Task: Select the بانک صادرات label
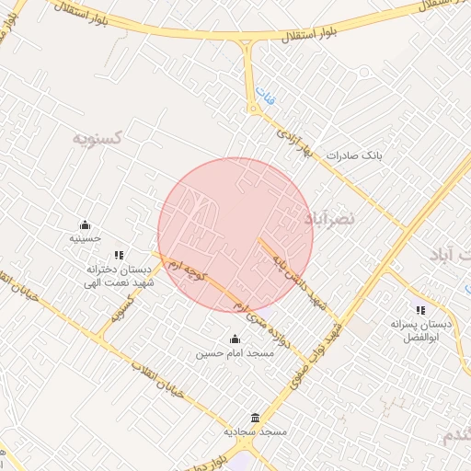pyautogui.click(x=353, y=155)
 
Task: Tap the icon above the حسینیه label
pyautogui.click(x=85, y=224)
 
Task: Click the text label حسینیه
pyautogui.click(x=85, y=239)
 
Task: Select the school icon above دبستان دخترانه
pyautogui.click(x=118, y=255)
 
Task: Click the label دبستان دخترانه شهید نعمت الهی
pyautogui.click(x=118, y=276)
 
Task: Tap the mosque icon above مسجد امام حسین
pyautogui.click(x=234, y=338)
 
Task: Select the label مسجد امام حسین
pyautogui.click(x=234, y=352)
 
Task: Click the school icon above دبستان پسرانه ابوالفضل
pyautogui.click(x=420, y=310)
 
